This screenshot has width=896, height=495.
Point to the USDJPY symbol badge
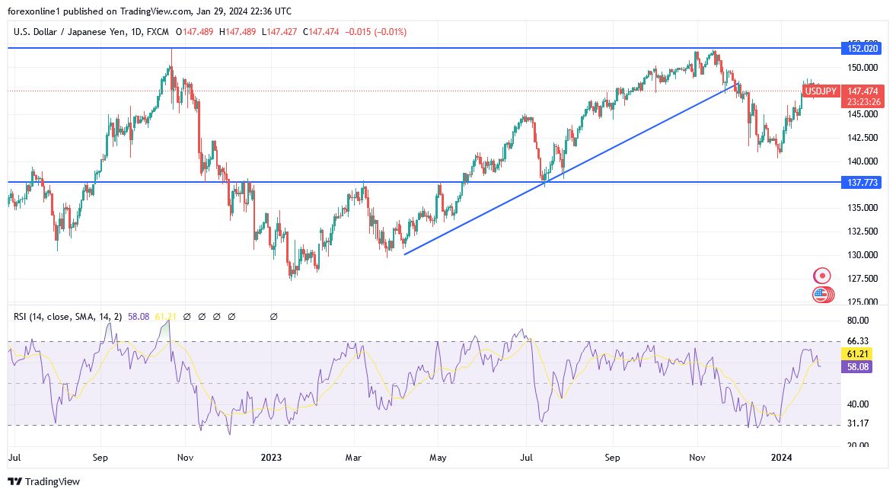click(821, 91)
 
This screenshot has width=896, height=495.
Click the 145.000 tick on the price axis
click(860, 114)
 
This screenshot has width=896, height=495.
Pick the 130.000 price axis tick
click(860, 255)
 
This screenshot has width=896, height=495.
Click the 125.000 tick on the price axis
click(860, 302)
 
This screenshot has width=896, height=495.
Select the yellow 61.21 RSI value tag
click(859, 354)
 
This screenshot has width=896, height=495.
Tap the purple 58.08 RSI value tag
click(859, 367)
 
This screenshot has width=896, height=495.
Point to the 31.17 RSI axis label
click(857, 423)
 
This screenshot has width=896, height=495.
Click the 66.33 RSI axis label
click(857, 341)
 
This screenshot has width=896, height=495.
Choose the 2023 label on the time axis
click(271, 458)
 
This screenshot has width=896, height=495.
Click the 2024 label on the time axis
click(783, 458)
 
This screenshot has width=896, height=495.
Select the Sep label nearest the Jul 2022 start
click(100, 458)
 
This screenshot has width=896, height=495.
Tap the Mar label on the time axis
click(354, 458)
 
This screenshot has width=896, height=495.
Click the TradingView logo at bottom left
click(43, 481)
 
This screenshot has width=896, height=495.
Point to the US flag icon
click(821, 294)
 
